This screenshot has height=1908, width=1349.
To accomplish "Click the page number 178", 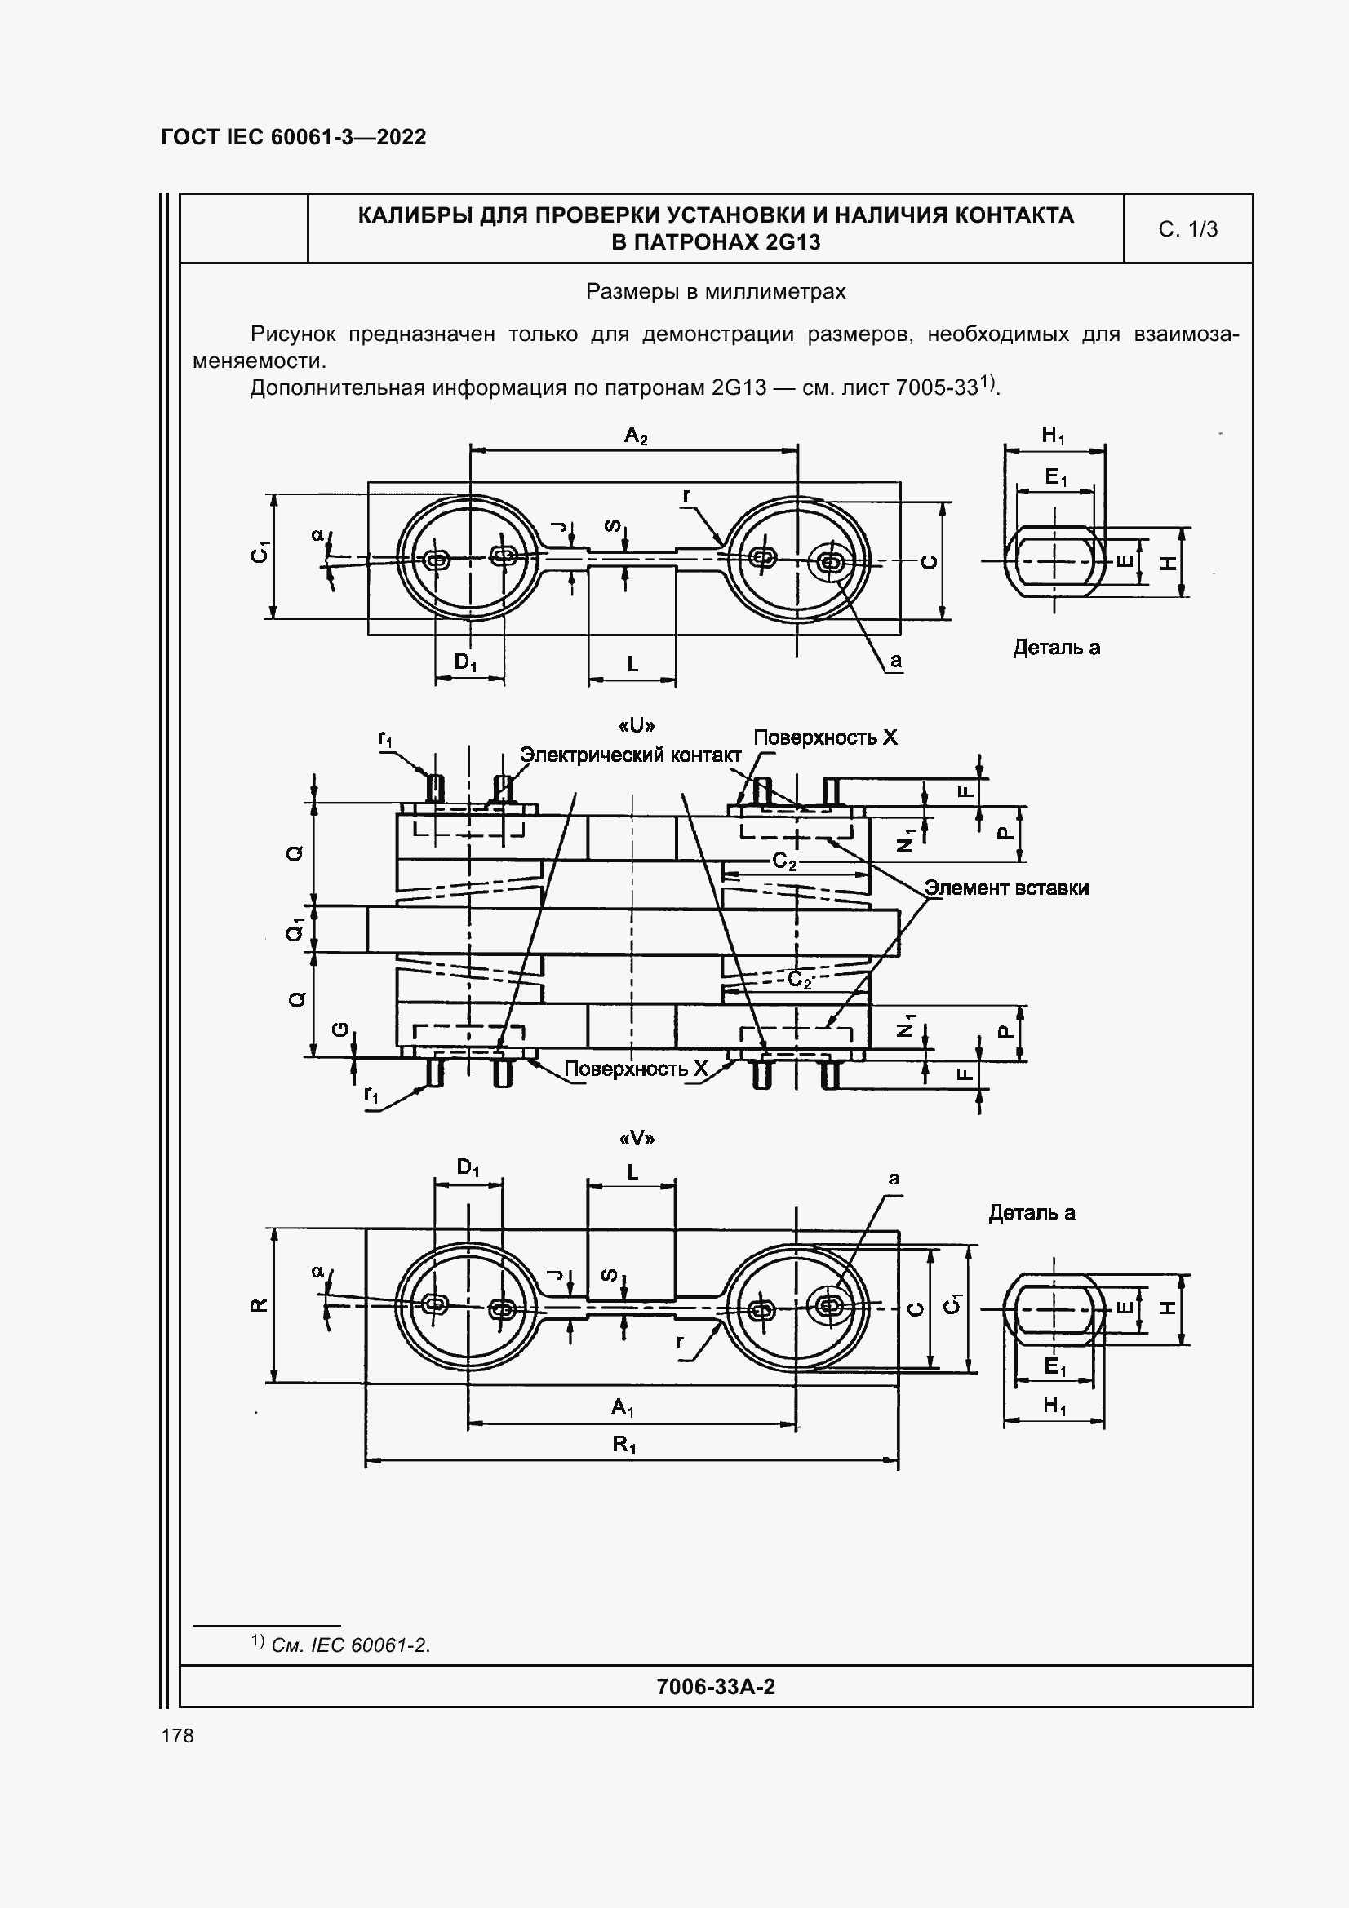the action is [178, 1736].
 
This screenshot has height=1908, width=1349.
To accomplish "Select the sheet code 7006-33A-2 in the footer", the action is [715, 1686].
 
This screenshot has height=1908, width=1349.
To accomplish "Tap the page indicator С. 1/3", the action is [1187, 229].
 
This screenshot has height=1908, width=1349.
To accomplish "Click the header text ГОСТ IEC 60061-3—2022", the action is [294, 137].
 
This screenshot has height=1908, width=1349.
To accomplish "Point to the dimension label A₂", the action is [636, 435].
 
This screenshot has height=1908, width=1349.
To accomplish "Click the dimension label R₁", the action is [624, 1445].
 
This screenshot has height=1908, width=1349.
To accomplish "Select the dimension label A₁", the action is [623, 1407].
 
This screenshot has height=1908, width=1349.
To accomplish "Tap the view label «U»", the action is [637, 725].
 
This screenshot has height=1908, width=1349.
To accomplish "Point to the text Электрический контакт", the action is [630, 755].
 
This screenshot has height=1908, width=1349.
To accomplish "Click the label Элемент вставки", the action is [1006, 888].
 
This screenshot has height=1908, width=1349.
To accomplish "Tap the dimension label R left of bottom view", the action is [259, 1304].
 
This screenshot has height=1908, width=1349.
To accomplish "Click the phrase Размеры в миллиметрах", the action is [715, 292].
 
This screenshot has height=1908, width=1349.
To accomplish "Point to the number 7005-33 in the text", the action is [935, 388].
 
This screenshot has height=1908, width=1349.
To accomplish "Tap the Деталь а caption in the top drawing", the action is [1055, 648].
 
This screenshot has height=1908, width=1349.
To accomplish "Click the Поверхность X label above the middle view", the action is [824, 738].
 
